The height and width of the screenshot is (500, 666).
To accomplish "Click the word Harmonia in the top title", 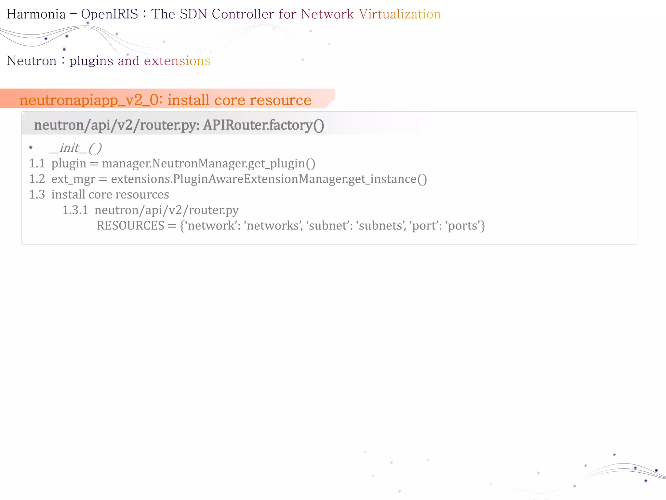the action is pyautogui.click(x=36, y=14).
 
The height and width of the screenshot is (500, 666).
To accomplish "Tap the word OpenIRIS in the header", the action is pyautogui.click(x=110, y=14).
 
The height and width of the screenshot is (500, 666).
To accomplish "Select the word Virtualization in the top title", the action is pyautogui.click(x=400, y=14).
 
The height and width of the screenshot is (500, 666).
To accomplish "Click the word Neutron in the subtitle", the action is pyautogui.click(x=32, y=61).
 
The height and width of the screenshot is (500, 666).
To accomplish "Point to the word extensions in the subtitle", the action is pyautogui.click(x=177, y=61).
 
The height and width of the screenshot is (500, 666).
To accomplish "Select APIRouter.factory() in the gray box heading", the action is pyautogui.click(x=263, y=125).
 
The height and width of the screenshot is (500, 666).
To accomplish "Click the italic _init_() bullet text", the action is pyautogui.click(x=75, y=148).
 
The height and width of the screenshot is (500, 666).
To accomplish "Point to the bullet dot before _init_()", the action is pyautogui.click(x=31, y=148).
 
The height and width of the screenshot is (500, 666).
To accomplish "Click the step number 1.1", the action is pyautogui.click(x=37, y=163).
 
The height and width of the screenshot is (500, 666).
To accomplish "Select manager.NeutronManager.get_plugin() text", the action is pyautogui.click(x=208, y=163).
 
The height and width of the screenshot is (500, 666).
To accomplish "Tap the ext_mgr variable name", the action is pyautogui.click(x=73, y=179).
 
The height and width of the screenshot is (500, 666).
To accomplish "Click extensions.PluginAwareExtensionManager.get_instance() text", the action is pyautogui.click(x=269, y=179).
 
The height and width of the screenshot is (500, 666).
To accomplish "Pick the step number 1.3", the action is pyautogui.click(x=37, y=195).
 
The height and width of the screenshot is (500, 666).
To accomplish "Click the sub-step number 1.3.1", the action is pyautogui.click(x=75, y=210).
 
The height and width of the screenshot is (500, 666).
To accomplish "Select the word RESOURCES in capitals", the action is pyautogui.click(x=130, y=226).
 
